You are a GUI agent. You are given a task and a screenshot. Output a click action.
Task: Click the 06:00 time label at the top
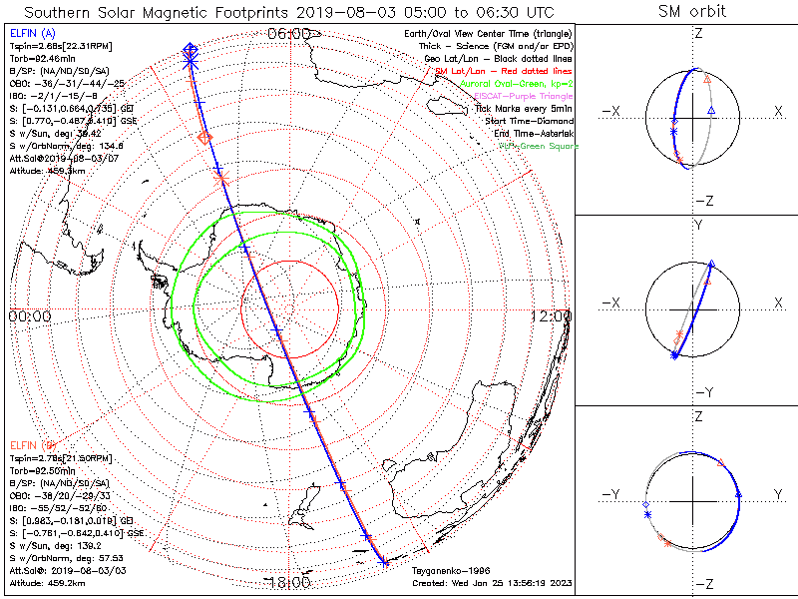point(289,33)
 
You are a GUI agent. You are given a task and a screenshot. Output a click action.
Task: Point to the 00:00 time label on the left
point(29,315)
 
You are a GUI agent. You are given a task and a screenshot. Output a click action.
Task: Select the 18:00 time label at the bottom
point(289,582)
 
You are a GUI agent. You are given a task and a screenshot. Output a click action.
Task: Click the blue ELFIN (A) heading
point(32,33)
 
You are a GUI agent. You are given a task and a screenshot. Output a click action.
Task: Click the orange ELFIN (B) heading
point(32,443)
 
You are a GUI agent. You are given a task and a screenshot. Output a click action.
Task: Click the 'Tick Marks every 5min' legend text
point(526,108)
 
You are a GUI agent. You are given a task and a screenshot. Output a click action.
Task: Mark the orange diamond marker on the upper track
point(204,138)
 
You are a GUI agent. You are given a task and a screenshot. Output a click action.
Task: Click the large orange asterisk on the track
point(221,178)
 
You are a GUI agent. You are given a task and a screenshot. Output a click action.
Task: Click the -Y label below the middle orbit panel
point(698,392)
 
